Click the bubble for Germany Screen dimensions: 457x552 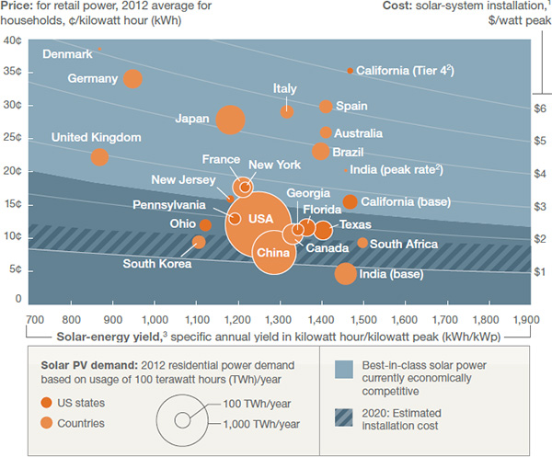point(132,79)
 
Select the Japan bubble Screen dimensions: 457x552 point(230,120)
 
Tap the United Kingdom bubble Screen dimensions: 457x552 point(99,157)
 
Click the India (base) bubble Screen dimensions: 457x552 point(346,273)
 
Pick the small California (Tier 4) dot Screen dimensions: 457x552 point(350,71)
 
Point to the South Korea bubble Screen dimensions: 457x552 point(199,243)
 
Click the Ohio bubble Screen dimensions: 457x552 point(205,225)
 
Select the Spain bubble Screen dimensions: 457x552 point(326,107)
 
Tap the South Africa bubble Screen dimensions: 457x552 point(362,244)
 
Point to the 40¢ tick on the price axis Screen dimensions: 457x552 point(13,41)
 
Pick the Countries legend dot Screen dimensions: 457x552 point(46,424)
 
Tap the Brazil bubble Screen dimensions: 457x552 point(321,152)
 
